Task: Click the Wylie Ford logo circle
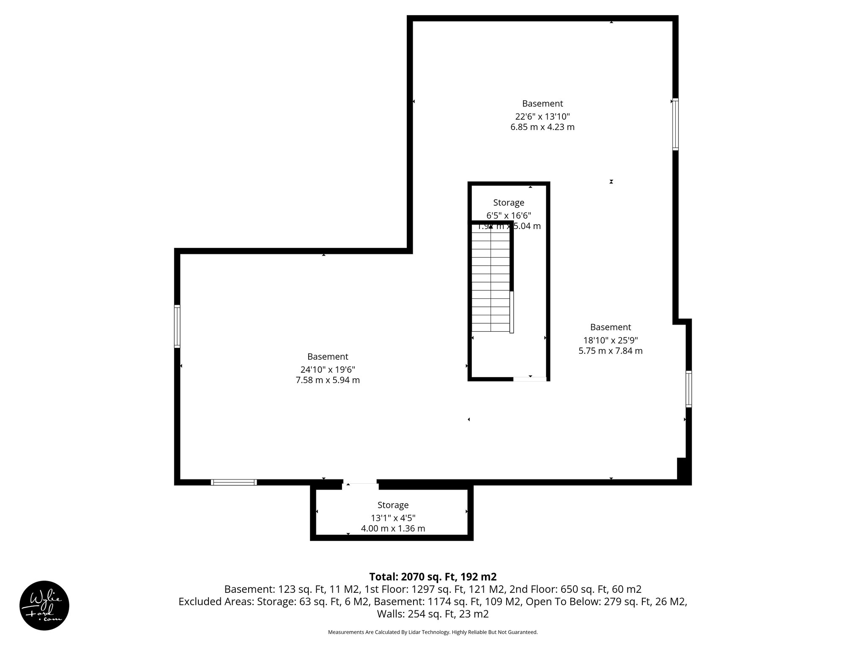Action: (x=44, y=605)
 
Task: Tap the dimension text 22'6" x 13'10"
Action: (x=543, y=116)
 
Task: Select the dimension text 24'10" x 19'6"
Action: (x=328, y=369)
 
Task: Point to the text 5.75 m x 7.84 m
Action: (x=610, y=351)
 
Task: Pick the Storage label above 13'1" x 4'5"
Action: (x=393, y=505)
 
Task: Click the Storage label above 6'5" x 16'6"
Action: (x=508, y=203)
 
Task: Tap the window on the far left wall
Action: (x=177, y=326)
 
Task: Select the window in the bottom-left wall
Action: (x=234, y=482)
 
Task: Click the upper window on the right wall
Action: (x=675, y=124)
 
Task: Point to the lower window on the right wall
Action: (x=688, y=389)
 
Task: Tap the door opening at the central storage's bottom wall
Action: (x=529, y=379)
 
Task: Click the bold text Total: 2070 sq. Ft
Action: (x=433, y=577)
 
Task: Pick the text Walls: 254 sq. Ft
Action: (x=433, y=614)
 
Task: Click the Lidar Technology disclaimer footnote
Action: (x=433, y=632)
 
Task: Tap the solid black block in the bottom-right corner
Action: (x=683, y=470)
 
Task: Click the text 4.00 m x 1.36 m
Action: (x=393, y=529)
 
